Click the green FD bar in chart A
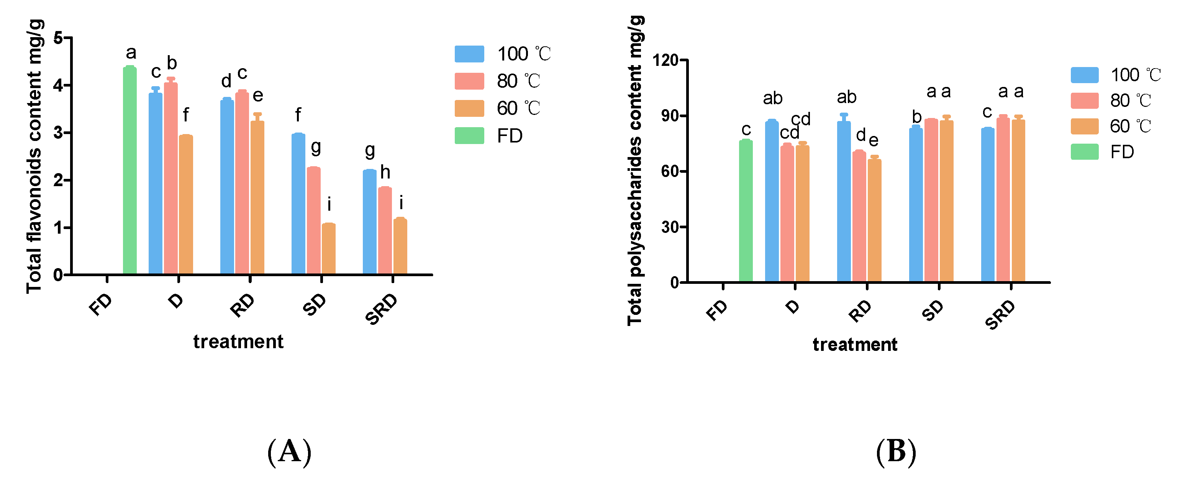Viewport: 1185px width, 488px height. tap(130, 170)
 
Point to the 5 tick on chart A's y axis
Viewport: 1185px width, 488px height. tap(58, 38)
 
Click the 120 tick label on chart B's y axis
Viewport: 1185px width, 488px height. tap(665, 60)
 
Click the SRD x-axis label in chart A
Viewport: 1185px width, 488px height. tap(381, 309)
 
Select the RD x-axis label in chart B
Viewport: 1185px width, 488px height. tap(860, 311)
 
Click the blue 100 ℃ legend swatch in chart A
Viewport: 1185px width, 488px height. tap(469, 54)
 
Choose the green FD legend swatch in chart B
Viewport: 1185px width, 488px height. tap(1084, 152)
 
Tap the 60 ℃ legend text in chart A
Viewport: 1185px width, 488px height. tap(518, 108)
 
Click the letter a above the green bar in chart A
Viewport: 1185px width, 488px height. tap(131, 53)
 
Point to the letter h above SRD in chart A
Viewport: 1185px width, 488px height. tap(385, 172)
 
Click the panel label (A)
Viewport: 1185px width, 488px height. tap(289, 452)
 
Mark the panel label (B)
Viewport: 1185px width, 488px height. tap(896, 452)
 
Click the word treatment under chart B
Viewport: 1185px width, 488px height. tap(855, 344)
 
